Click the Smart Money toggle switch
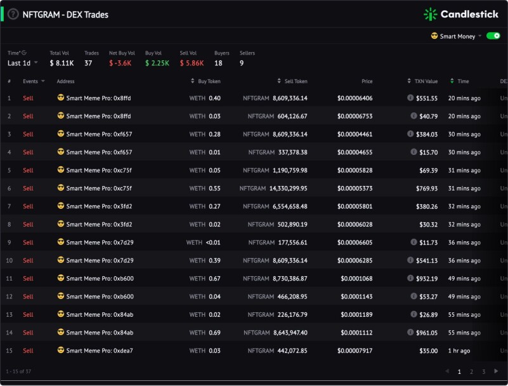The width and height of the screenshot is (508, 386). pos(493,36)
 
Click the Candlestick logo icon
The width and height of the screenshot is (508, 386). pos(430,14)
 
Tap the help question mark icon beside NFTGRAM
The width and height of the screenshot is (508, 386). pos(13,14)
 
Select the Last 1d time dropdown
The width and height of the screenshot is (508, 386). pos(22,63)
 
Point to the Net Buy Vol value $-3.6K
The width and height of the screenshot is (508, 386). pos(120,63)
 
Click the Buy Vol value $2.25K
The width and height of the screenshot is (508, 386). pos(157,63)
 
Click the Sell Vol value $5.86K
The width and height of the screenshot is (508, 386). pos(192,63)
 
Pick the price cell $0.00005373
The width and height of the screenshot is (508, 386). pos(355,188)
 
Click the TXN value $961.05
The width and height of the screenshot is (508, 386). pos(427,333)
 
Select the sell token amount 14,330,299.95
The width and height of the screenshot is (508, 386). pos(289,188)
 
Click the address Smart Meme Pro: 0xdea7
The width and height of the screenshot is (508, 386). pos(100,350)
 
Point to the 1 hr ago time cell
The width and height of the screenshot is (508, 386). pos(459,350)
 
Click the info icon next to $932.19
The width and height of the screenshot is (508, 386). pos(410,278)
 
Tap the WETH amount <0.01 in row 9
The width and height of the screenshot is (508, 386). pos(213,243)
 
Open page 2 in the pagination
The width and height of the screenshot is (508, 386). pos(471,372)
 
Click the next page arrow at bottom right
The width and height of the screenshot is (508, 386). pos(496,371)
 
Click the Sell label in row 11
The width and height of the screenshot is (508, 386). pos(28,278)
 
